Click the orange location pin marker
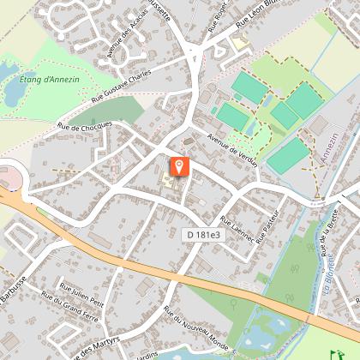tap(179, 165)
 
